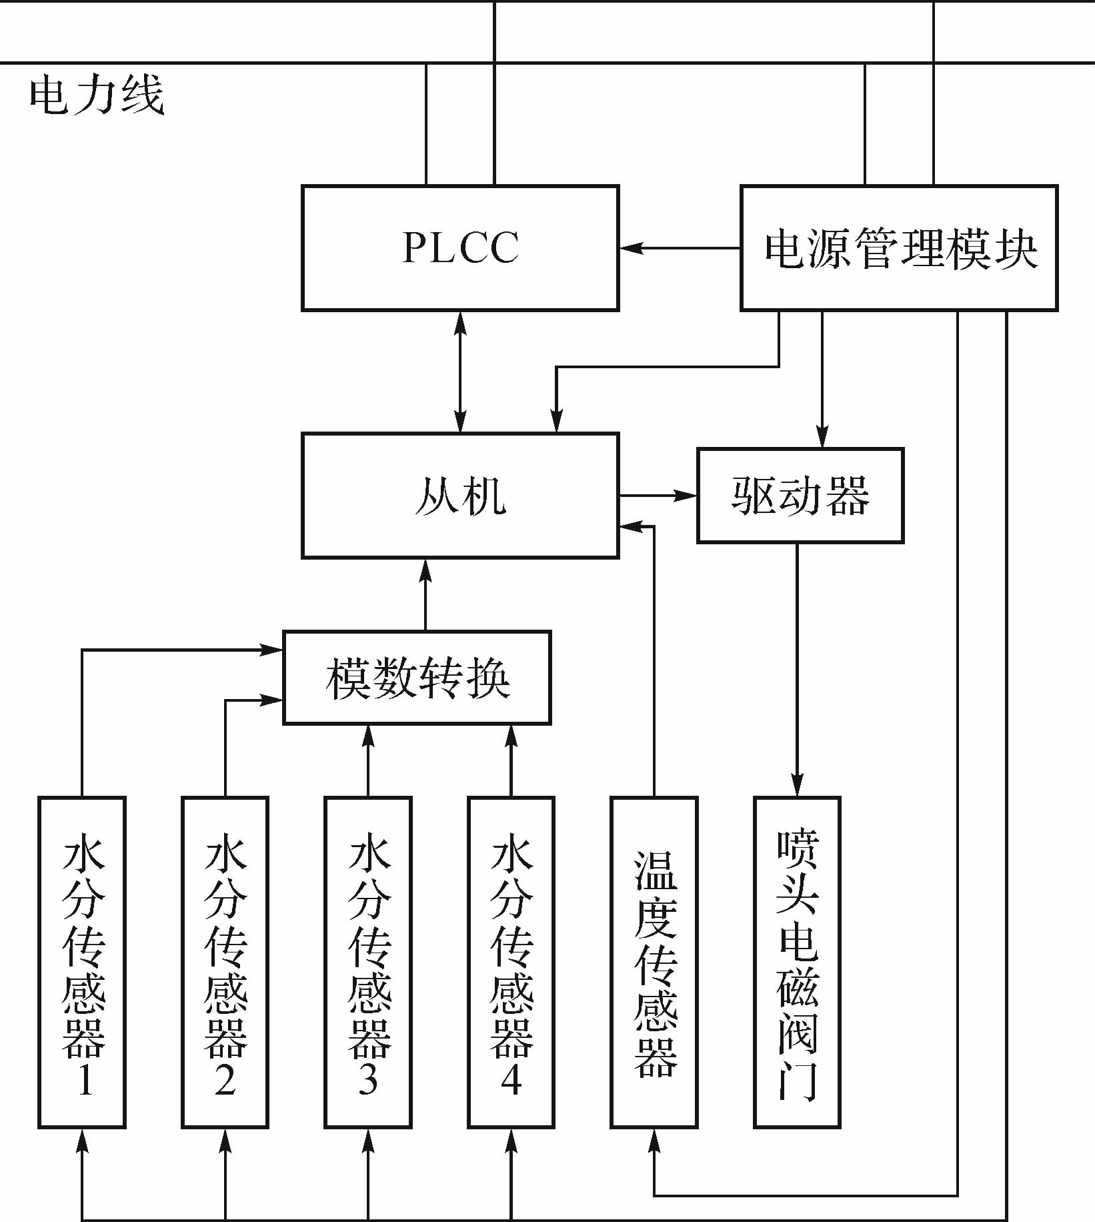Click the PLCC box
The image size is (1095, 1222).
[460, 248]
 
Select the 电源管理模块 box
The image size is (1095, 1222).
[899, 248]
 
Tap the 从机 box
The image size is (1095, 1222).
[460, 496]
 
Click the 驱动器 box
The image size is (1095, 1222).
[800, 496]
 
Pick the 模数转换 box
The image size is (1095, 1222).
[417, 678]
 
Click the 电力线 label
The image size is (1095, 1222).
[97, 95]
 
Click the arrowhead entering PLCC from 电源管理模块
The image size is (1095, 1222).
[630, 248]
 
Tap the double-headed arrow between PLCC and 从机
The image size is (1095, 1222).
[460, 372]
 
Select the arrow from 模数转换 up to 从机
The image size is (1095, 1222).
[426, 594]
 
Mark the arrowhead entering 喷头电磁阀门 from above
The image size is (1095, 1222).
[797, 786]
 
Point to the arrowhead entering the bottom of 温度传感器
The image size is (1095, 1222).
[654, 1141]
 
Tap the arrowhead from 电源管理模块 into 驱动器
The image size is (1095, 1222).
[822, 437]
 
